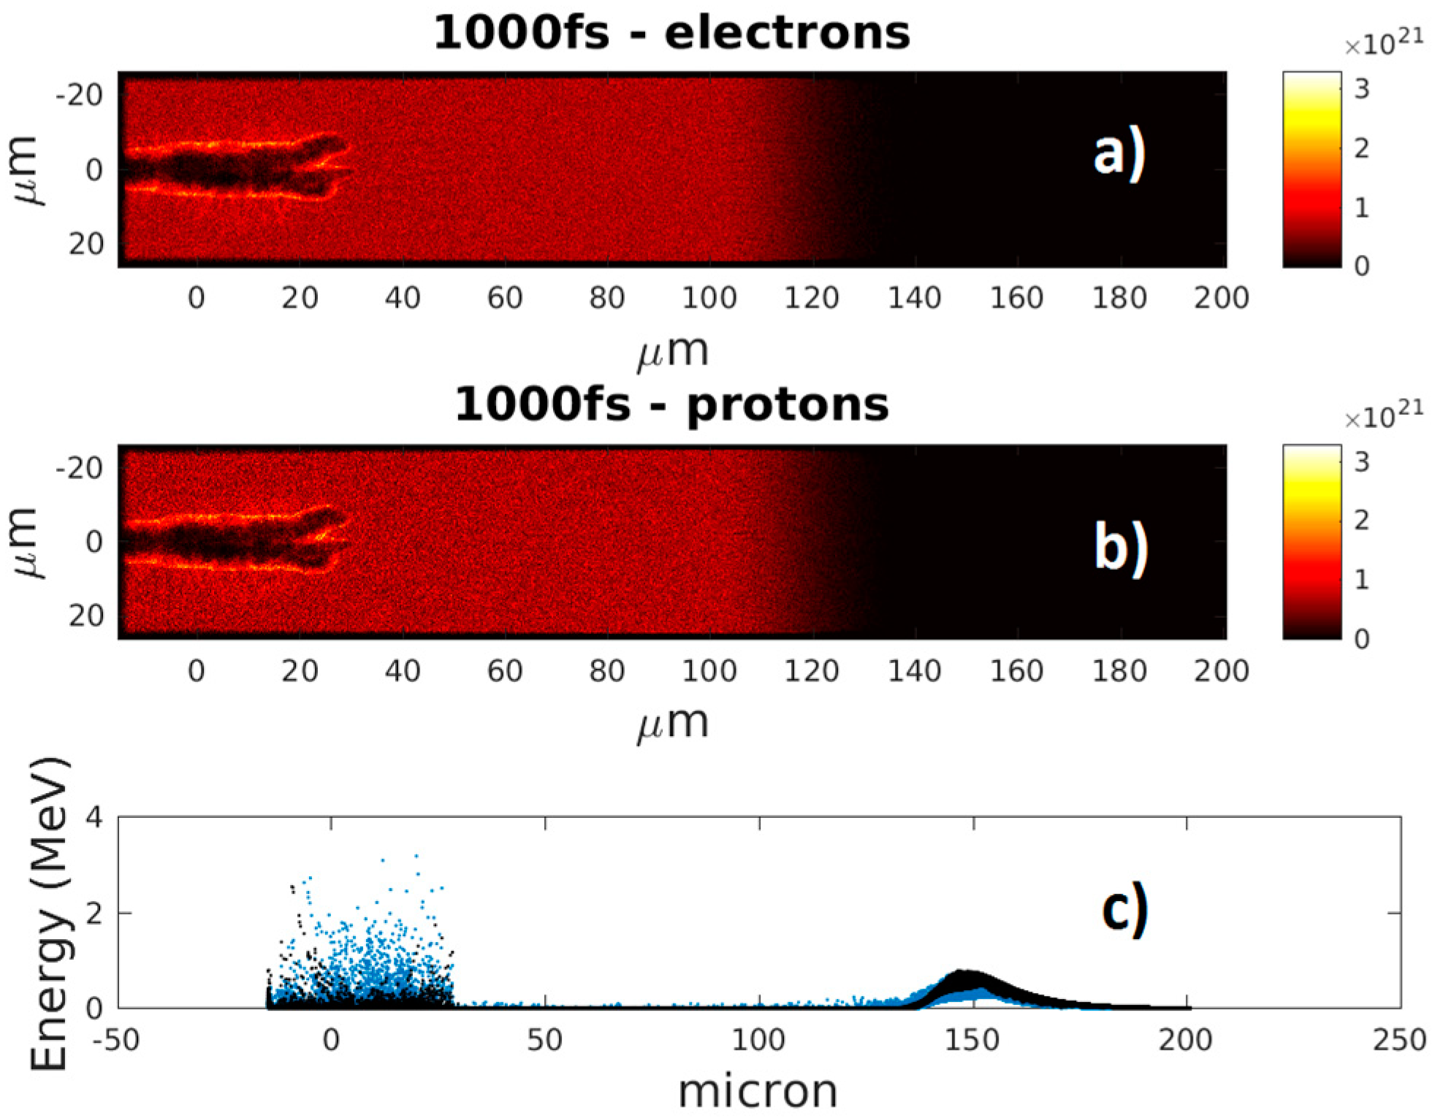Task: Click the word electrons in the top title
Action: tap(787, 34)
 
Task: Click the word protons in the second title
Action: tap(787, 405)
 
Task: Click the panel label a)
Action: tap(1119, 156)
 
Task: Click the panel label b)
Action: tap(1120, 548)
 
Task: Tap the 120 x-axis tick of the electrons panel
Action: tap(811, 298)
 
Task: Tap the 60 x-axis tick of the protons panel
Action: tap(504, 670)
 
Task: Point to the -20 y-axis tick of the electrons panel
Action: tap(79, 95)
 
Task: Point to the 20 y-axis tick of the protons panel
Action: tap(86, 616)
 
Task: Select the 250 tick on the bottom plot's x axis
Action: tap(1399, 1041)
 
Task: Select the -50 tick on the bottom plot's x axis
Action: tap(117, 1041)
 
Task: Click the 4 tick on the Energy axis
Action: tap(94, 817)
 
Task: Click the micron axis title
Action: tap(758, 1092)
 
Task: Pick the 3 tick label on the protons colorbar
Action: tap(1361, 462)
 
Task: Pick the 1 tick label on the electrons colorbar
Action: tap(1361, 208)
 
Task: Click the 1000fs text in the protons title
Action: tap(542, 405)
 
